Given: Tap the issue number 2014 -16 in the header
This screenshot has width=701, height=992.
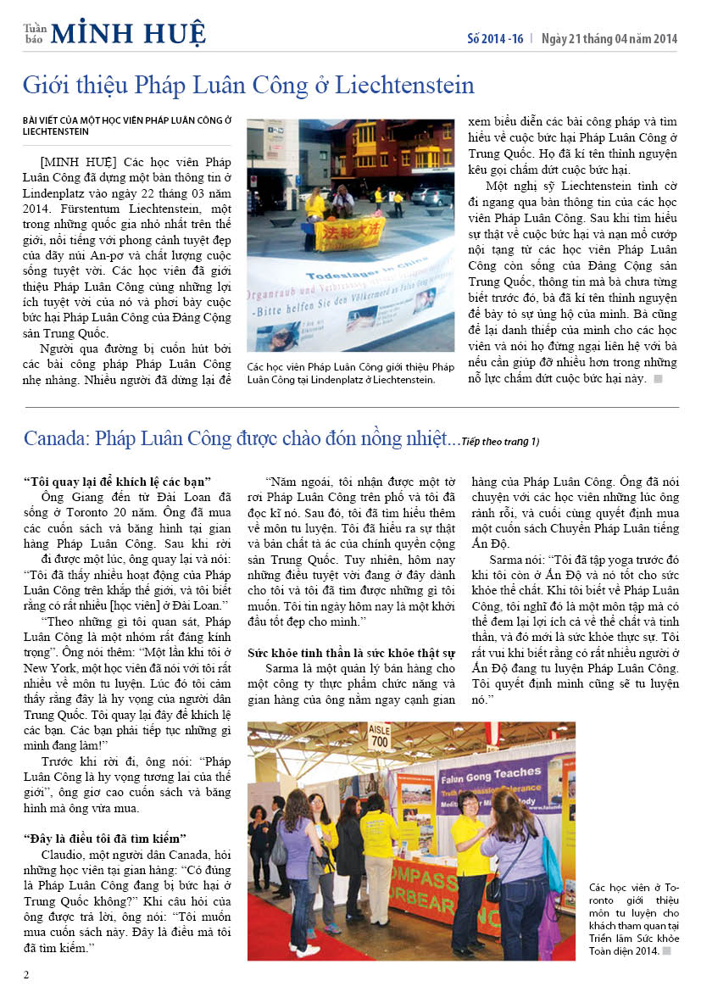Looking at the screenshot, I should pyautogui.click(x=496, y=39).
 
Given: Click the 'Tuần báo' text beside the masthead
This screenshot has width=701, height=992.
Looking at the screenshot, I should pyautogui.click(x=35, y=33).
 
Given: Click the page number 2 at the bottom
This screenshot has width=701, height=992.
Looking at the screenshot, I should pyautogui.click(x=26, y=974).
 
